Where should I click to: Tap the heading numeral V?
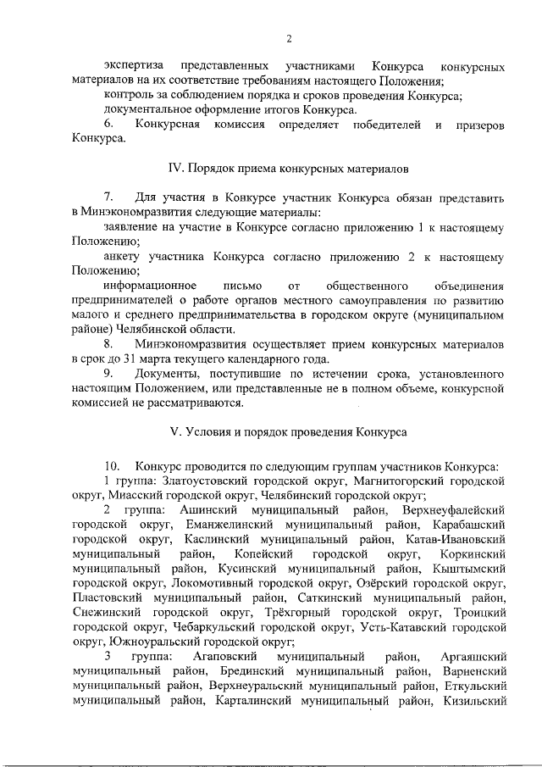click(x=175, y=431)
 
